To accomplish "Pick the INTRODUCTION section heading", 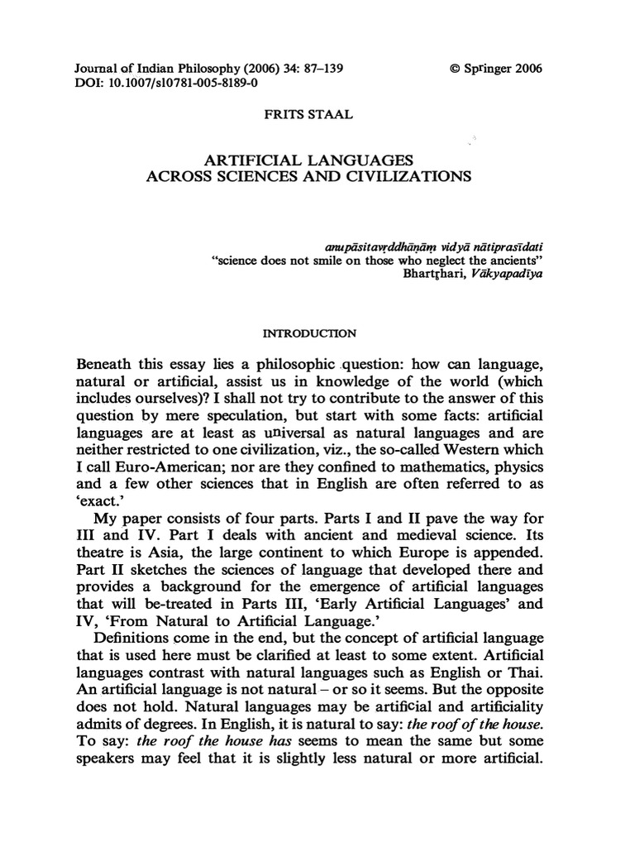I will (x=308, y=334).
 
